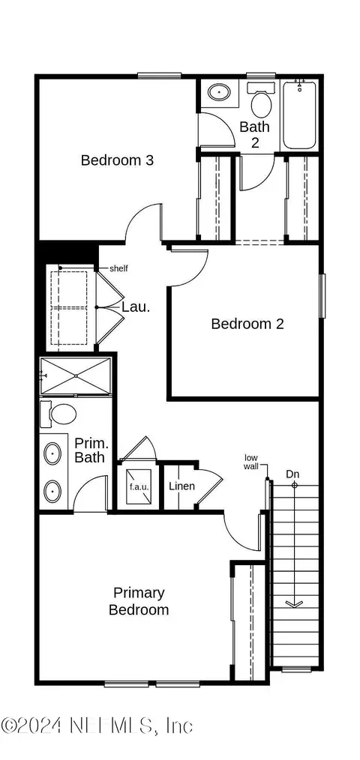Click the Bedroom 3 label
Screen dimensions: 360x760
tap(117, 160)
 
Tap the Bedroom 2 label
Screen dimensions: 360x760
tap(247, 324)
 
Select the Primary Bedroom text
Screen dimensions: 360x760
tap(139, 601)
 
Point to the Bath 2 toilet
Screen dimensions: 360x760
tap(261, 101)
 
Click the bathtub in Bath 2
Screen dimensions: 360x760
tap(299, 115)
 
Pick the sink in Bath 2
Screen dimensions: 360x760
tap(219, 91)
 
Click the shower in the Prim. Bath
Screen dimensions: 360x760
tap(76, 376)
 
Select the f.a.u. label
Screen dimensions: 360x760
tap(139, 486)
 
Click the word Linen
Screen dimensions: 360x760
tap(182, 486)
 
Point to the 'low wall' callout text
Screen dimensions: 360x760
tap(251, 462)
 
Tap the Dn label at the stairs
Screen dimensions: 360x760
tap(292, 473)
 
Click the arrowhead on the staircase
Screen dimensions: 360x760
tap(294, 603)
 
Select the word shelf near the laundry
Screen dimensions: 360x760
tap(118, 268)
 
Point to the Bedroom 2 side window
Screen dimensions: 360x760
tap(322, 295)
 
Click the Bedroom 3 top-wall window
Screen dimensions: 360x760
tap(159, 75)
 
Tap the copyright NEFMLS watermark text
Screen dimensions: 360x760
tap(97, 726)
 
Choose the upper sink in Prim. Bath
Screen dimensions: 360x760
tap(52, 453)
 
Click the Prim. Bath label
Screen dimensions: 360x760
tap(90, 450)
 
